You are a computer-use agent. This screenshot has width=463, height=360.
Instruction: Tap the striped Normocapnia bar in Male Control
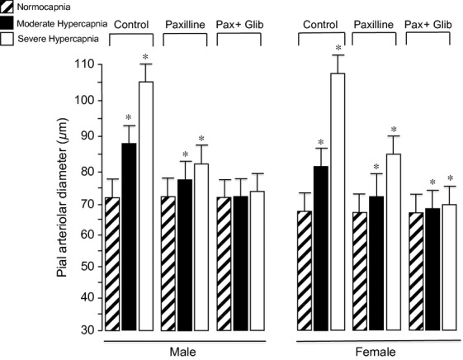(x=112, y=264)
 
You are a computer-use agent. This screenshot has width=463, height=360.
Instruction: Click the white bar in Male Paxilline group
(x=201, y=248)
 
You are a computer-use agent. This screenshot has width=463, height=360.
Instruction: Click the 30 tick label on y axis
(x=84, y=331)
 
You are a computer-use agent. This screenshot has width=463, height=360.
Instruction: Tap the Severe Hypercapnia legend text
(x=56, y=39)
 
